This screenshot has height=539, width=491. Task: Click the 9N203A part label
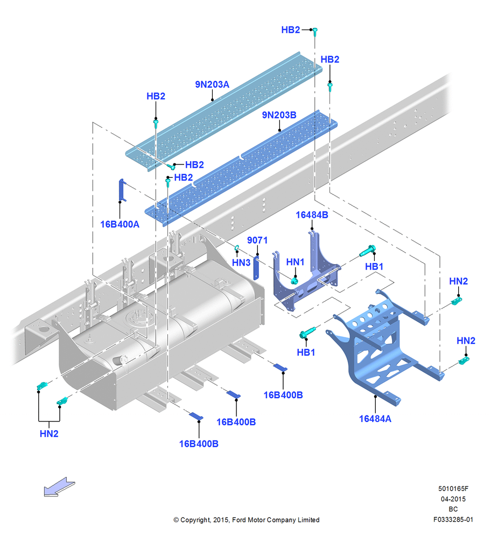[x=212, y=84]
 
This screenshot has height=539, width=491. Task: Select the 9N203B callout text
[x=279, y=115]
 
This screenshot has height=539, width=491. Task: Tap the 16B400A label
[x=120, y=224]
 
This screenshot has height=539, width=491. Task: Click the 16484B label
[x=312, y=215]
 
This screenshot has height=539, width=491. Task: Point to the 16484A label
[x=375, y=419]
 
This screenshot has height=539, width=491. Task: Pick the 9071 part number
[x=257, y=240]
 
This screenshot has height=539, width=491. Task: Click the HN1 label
[x=295, y=262]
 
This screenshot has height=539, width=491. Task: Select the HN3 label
[x=241, y=262]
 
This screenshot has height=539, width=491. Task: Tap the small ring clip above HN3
[x=237, y=247]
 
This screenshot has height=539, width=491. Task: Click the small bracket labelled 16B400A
[x=122, y=190]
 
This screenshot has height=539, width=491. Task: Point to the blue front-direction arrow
[x=59, y=487]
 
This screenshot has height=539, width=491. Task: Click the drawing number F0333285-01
[x=453, y=520]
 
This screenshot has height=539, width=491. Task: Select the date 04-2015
[x=453, y=499]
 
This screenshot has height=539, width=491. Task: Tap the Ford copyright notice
[x=246, y=520]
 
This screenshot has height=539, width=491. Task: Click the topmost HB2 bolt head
[x=315, y=31]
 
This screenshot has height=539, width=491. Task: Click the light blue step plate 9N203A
[x=223, y=110]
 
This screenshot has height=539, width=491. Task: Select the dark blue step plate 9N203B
[x=241, y=168]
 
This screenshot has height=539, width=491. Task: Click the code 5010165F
[x=453, y=488]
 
